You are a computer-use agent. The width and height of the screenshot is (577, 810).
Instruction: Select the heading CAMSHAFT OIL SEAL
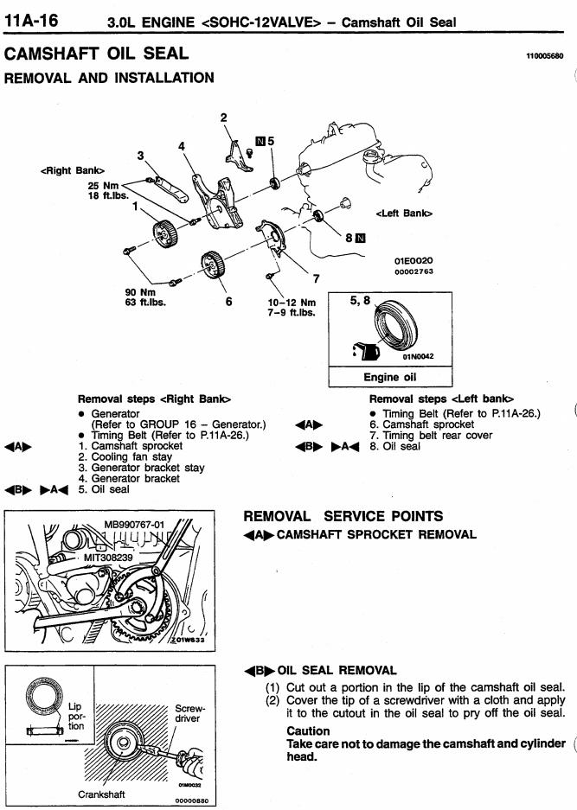96,54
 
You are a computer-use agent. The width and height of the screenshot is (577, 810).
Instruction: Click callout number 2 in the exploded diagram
223,118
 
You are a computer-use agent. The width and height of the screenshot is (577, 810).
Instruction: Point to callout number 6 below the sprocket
228,302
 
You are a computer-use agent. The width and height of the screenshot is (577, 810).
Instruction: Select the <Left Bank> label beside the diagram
404,213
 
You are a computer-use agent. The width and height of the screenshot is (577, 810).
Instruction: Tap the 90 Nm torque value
141,291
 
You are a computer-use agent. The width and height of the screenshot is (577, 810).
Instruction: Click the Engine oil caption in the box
389,377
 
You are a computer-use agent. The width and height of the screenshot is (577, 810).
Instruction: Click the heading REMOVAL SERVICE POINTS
343,516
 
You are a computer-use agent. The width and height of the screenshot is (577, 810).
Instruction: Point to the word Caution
308,730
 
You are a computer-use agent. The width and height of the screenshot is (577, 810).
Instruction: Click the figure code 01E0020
413,259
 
